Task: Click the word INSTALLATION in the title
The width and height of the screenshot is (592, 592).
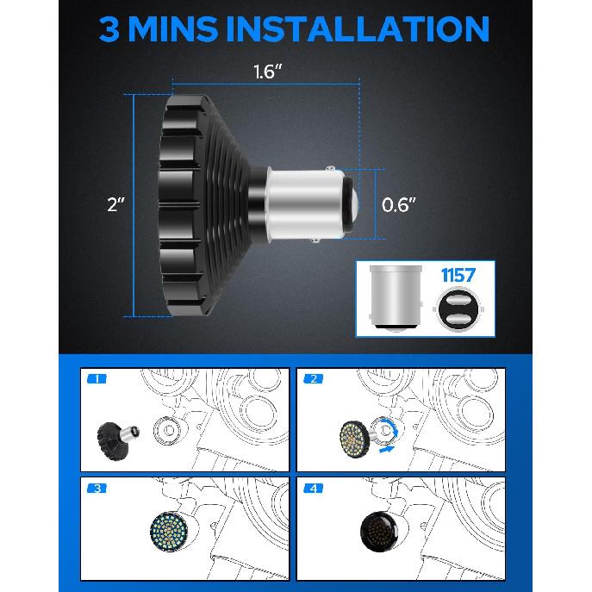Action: point(357,28)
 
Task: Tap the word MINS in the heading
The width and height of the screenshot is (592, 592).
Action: point(173,28)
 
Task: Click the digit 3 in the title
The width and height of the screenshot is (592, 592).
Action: point(109,28)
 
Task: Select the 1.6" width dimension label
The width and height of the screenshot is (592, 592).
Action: point(267,72)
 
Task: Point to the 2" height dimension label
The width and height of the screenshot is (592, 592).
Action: point(115,204)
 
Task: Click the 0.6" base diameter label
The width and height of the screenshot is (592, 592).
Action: point(398,204)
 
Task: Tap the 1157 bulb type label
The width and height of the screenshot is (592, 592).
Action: point(458,275)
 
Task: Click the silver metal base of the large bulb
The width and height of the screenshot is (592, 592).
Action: point(305,204)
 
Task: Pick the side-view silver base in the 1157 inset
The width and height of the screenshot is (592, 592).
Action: point(396,298)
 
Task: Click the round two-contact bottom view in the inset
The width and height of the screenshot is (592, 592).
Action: point(458,309)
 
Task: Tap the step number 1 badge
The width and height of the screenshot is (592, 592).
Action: point(97,378)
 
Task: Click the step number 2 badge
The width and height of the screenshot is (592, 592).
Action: point(314,378)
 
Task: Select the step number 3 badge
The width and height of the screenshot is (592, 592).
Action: point(97,489)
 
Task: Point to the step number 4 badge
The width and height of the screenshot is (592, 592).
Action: point(314,489)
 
